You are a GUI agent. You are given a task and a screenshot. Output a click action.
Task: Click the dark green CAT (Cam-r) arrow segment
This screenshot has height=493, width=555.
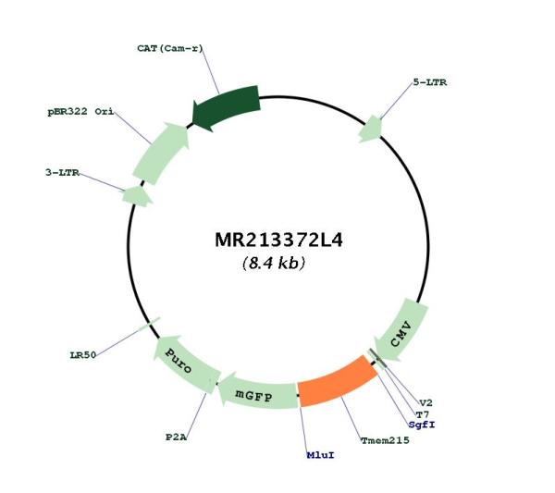227,107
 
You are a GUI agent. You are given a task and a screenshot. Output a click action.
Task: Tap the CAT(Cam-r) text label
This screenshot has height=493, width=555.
170,48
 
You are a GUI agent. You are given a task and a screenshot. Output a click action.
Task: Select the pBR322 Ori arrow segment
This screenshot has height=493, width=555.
160,153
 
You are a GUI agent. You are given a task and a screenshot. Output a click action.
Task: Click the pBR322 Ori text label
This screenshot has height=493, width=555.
80,112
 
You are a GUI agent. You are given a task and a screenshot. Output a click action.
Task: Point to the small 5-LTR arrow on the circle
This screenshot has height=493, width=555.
371,129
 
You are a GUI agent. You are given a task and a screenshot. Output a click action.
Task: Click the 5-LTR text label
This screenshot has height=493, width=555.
430,82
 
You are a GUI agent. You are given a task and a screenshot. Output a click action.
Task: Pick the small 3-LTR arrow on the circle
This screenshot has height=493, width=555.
137,196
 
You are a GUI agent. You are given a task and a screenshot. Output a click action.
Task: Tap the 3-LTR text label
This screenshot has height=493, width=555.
62,173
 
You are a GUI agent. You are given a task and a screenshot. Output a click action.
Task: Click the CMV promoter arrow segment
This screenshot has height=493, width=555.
401,330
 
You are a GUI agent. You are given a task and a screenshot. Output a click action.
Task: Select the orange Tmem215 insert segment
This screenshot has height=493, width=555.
337,382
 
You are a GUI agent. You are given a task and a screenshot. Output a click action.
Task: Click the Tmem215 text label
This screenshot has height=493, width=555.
385,440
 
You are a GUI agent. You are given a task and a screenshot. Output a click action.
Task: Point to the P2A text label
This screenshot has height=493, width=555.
176,438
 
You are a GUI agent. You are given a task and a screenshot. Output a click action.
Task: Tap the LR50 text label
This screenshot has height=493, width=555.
83,355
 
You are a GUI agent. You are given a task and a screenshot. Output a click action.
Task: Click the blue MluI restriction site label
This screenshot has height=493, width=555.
320,455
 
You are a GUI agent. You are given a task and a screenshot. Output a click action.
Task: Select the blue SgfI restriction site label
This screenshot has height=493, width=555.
422,425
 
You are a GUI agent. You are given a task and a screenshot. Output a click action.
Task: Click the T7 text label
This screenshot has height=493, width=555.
423,414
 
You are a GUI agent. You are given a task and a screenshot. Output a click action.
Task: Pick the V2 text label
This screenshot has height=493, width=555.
425,402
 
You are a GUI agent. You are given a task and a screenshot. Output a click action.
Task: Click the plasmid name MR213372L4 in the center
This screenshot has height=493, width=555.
279,240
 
